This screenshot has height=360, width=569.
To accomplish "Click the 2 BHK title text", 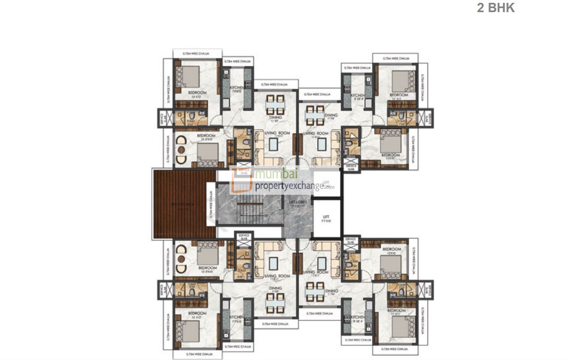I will [x=496, y=8].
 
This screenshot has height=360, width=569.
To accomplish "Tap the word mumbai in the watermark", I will [x=276, y=174].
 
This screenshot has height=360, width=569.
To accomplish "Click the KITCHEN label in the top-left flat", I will [x=237, y=88].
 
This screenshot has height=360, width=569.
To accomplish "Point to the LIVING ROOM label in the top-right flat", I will [x=316, y=133].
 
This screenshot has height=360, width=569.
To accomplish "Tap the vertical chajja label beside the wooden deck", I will [x=210, y=204].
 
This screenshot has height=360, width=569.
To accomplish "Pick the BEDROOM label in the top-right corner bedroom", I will [x=399, y=95].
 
